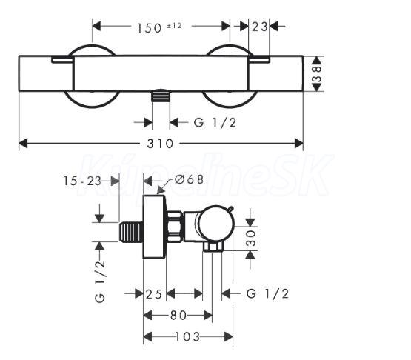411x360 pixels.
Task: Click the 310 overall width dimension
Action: tap(160, 144)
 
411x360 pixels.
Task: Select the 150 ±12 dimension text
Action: tap(159, 27)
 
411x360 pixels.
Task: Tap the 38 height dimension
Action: tap(317, 74)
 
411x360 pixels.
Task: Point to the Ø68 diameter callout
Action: tap(189, 179)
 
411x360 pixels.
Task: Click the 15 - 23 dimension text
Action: tap(82, 181)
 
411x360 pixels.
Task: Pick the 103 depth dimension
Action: tap(187, 336)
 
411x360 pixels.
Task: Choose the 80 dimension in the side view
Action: tap(178, 315)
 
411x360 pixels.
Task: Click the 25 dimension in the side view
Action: tap(154, 294)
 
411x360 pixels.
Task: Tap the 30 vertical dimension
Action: tap(251, 238)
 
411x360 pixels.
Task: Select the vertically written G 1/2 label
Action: tap(100, 281)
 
